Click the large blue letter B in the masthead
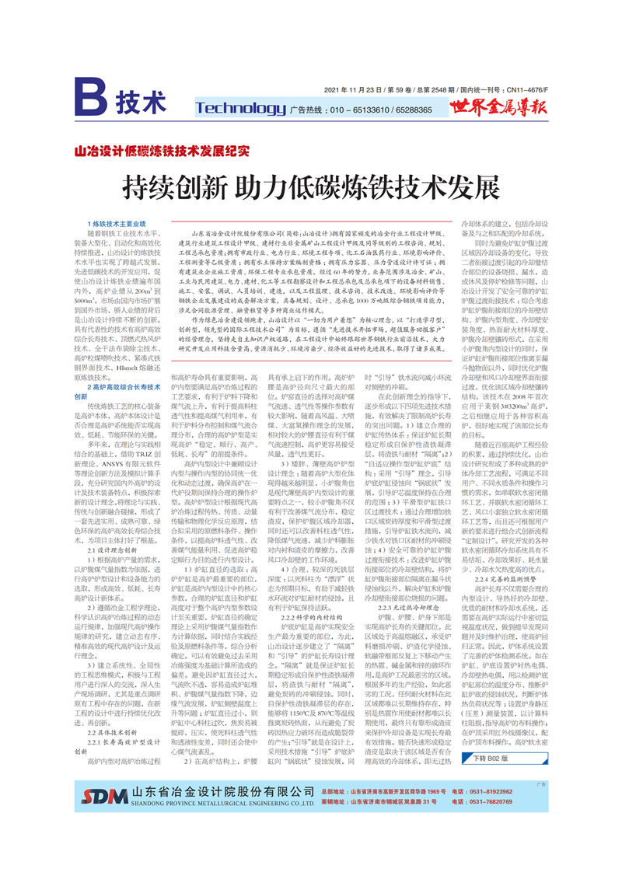(x=90, y=101)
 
